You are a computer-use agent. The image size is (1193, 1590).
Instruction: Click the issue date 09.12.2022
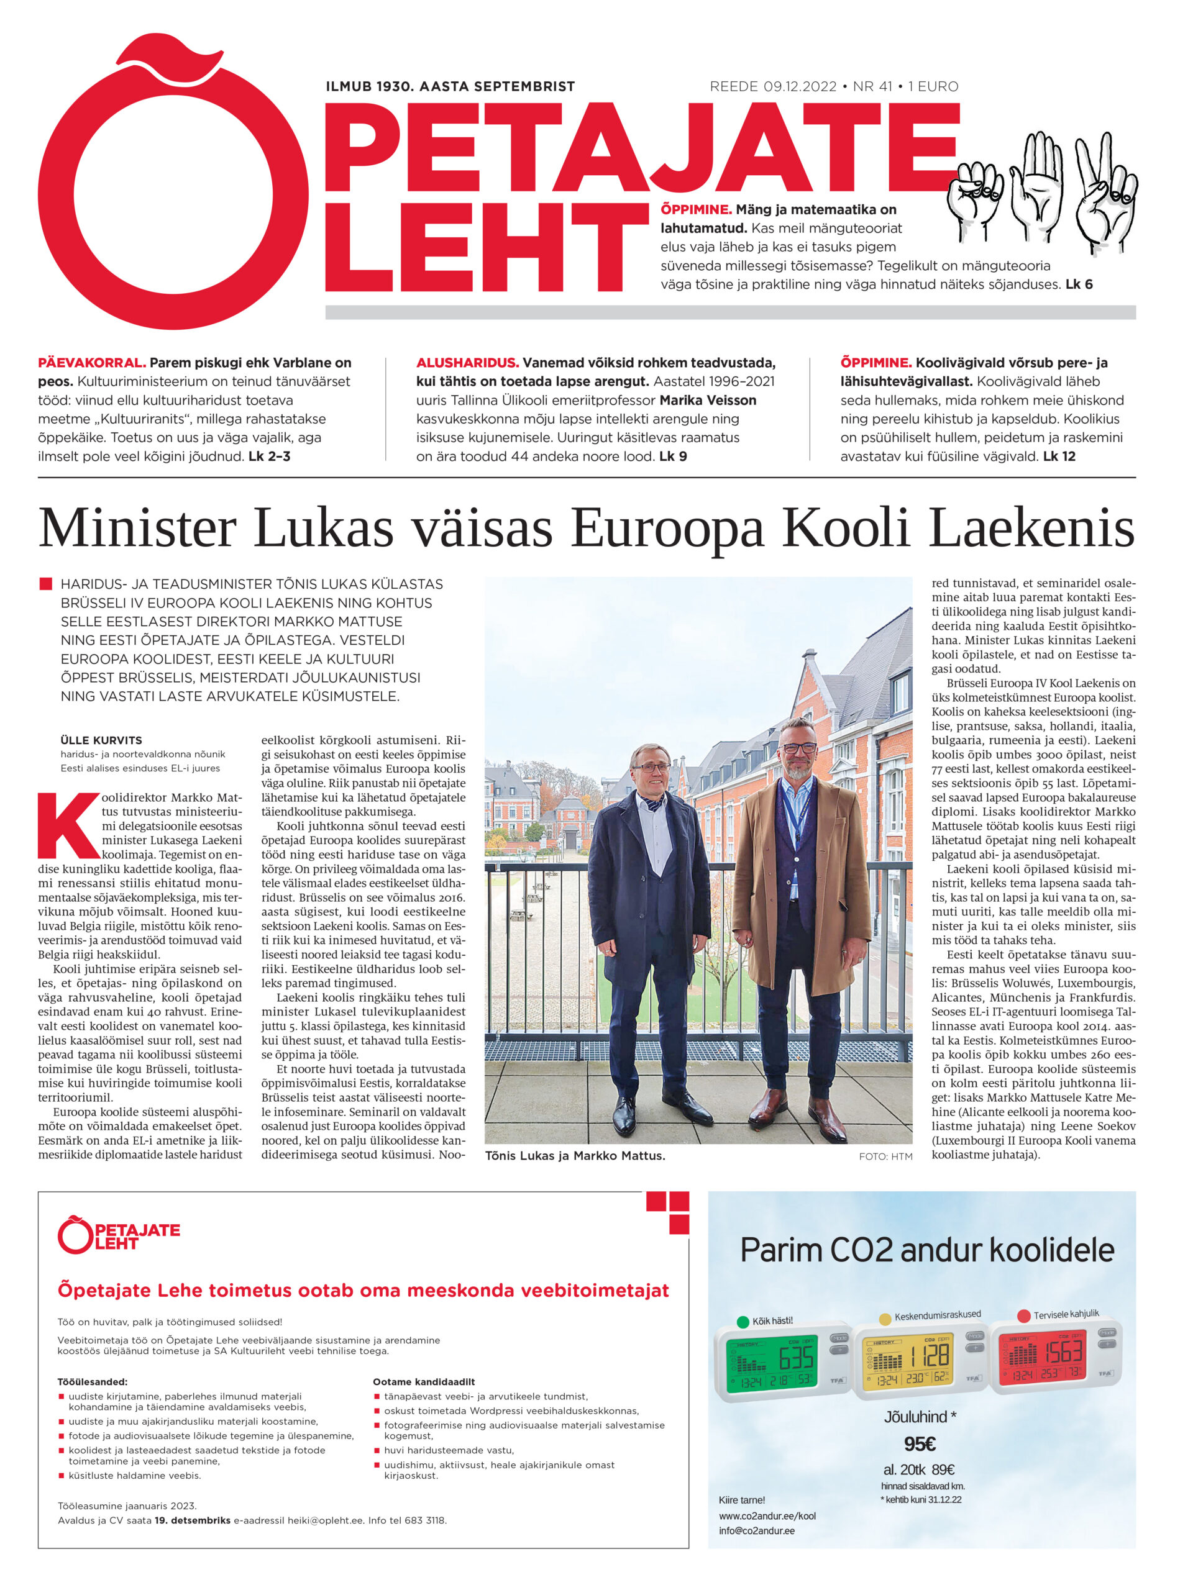click(x=800, y=87)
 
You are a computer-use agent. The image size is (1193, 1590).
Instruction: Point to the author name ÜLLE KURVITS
click(x=101, y=740)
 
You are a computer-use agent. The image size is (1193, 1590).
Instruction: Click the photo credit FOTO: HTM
click(x=885, y=1156)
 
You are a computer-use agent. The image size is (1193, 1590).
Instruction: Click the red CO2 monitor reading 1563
click(x=1063, y=1352)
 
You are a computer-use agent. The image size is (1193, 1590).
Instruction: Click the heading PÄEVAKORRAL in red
click(x=92, y=363)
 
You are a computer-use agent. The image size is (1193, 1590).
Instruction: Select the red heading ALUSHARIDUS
click(x=467, y=363)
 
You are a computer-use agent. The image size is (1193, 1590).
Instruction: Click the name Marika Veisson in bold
click(x=708, y=401)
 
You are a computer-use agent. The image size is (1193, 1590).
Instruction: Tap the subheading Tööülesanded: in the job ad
click(x=92, y=1381)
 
